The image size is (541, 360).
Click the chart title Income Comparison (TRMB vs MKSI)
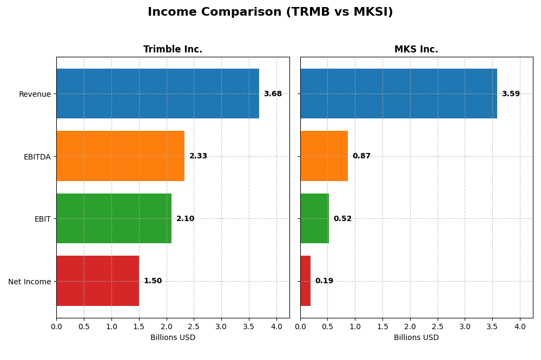click(x=270, y=12)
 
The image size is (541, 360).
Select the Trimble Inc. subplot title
click(x=173, y=50)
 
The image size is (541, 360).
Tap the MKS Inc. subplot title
click(x=416, y=50)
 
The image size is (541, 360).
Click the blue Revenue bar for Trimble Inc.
click(x=157, y=94)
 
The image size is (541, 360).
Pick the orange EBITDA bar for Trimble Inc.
click(x=120, y=156)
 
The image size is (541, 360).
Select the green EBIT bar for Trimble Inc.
click(x=114, y=218)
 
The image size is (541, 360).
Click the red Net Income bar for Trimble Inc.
click(x=97, y=281)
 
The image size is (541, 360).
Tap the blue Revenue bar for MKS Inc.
click(x=398, y=94)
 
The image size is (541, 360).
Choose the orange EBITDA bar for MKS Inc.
click(x=324, y=156)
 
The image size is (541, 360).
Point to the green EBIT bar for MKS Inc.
click(x=314, y=218)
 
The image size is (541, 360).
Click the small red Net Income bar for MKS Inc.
click(x=305, y=281)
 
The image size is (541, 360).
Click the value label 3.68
click(x=273, y=94)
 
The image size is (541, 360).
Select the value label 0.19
click(x=324, y=281)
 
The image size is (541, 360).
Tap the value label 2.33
click(x=198, y=156)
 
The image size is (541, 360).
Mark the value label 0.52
click(x=342, y=219)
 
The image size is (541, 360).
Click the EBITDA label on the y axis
click(x=37, y=157)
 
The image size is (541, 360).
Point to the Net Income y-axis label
click(x=29, y=282)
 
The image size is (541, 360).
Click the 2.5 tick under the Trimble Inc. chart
click(x=194, y=326)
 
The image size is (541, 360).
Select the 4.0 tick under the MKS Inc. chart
click(x=520, y=326)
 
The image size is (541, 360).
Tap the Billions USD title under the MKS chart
click(x=416, y=338)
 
